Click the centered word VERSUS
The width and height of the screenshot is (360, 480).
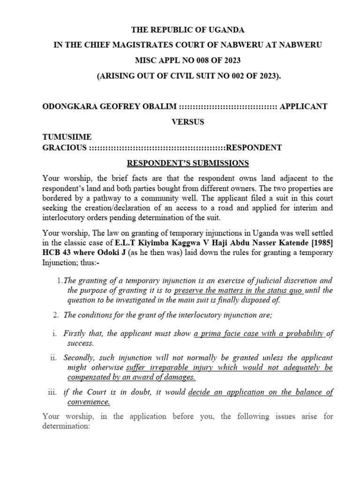(187, 121)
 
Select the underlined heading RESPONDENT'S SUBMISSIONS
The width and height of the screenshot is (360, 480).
(187, 163)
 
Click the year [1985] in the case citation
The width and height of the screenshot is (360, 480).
(320, 242)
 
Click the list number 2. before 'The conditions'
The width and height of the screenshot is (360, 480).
(56, 315)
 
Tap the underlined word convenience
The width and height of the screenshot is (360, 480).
(89, 402)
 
